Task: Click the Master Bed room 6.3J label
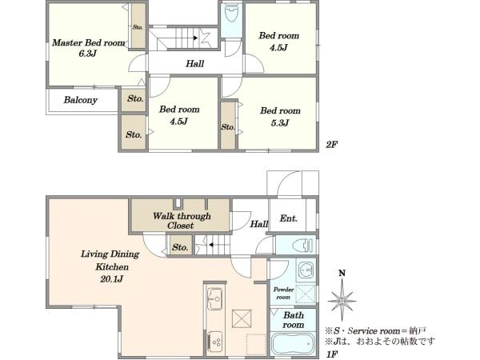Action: click(x=89, y=48)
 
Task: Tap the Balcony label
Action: click(x=81, y=100)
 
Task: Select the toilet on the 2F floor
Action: click(x=231, y=14)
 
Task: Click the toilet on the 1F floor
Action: click(x=302, y=246)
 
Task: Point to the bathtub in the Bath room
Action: click(x=293, y=345)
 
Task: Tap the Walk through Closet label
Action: click(x=182, y=221)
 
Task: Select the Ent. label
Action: click(x=288, y=218)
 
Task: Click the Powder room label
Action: click(x=283, y=294)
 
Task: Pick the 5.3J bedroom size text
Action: click(x=280, y=123)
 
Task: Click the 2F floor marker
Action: click(x=331, y=144)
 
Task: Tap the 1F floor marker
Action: click(x=332, y=354)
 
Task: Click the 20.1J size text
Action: click(x=111, y=279)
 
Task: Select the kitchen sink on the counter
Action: click(x=215, y=298)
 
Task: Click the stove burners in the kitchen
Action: click(x=215, y=342)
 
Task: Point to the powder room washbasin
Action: click(x=306, y=270)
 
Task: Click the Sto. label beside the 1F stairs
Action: click(x=180, y=247)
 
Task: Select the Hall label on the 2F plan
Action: click(x=194, y=64)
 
